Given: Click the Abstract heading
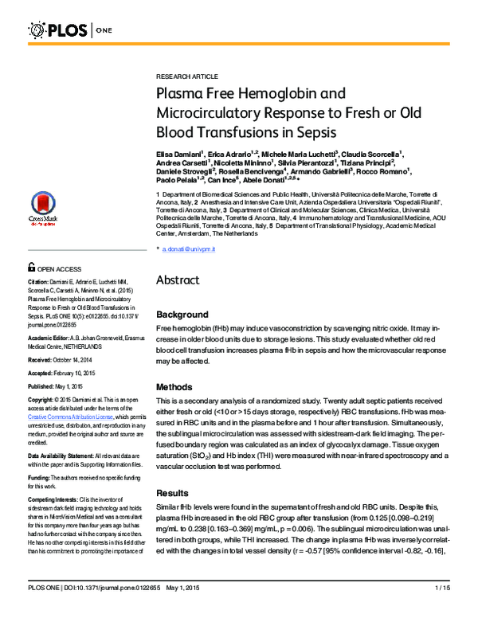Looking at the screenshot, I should (182, 280).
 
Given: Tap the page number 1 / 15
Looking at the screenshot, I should (445, 609).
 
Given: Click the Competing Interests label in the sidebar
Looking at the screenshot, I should (52, 499).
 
